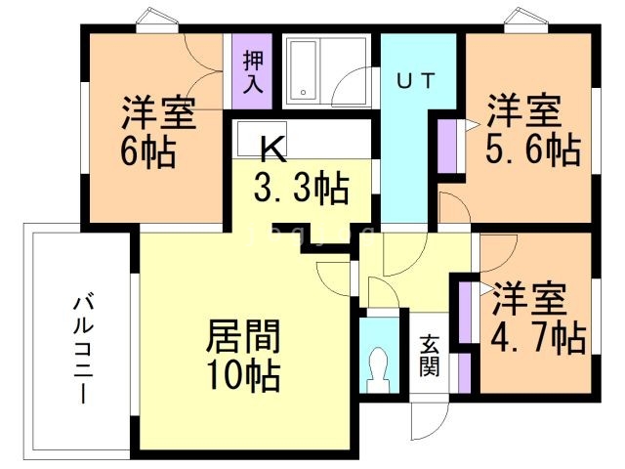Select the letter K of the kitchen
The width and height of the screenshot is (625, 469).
coord(274,149)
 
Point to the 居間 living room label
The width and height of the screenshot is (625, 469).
coord(243,337)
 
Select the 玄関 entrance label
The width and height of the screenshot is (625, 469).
coord(430,356)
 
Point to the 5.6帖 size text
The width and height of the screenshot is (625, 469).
coord(532,149)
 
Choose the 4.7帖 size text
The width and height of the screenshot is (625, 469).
coord(538,338)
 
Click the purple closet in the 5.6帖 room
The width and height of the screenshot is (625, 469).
coord(448,146)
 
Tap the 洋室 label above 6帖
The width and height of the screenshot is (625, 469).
coord(156,113)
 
